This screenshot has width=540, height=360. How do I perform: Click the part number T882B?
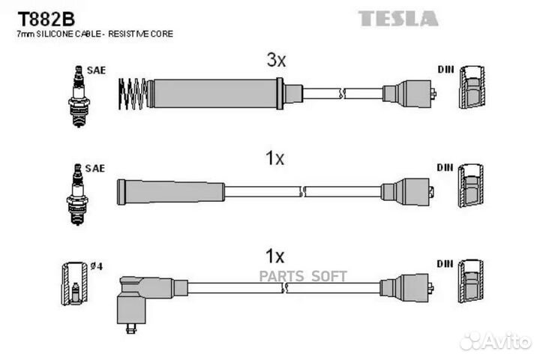46,19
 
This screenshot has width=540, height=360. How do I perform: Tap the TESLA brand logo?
398,19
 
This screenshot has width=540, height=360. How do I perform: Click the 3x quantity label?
276,60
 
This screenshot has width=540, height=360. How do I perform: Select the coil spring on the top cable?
133,94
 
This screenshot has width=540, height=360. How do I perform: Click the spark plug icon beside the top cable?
79,97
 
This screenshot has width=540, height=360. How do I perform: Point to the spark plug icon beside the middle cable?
77,195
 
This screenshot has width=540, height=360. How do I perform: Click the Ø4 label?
97,266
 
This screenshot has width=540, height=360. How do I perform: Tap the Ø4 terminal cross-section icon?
75,283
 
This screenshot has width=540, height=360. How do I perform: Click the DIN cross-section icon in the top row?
472,87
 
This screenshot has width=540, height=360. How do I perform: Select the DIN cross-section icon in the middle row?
471,186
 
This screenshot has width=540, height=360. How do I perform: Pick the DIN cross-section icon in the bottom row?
471,281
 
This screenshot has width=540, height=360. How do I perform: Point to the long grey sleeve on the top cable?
215,94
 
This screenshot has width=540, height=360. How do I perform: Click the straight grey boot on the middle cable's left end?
171,192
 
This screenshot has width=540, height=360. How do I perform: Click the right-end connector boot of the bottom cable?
406,288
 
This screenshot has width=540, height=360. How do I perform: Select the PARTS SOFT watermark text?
303,276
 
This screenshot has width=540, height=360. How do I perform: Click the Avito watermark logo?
495,341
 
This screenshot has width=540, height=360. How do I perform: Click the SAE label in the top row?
96,70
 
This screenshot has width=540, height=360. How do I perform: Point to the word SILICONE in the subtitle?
55,34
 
